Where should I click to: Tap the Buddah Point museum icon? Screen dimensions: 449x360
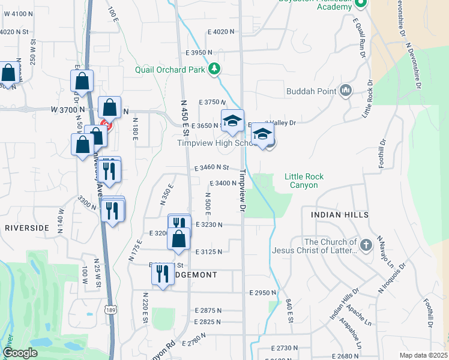345,91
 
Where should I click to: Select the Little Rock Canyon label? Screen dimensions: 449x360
304,181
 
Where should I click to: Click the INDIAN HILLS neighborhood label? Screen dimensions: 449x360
339,214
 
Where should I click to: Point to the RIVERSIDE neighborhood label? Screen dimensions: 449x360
26,228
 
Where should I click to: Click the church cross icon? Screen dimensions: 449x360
366,245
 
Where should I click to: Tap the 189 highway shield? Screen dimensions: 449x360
110,310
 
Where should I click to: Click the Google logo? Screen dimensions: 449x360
20,353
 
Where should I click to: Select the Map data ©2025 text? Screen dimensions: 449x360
424,355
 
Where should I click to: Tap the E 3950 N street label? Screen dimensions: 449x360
199,53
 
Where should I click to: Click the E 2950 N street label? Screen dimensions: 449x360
262,292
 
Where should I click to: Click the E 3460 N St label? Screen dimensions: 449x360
212,167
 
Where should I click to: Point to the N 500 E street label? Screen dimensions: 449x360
208,205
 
